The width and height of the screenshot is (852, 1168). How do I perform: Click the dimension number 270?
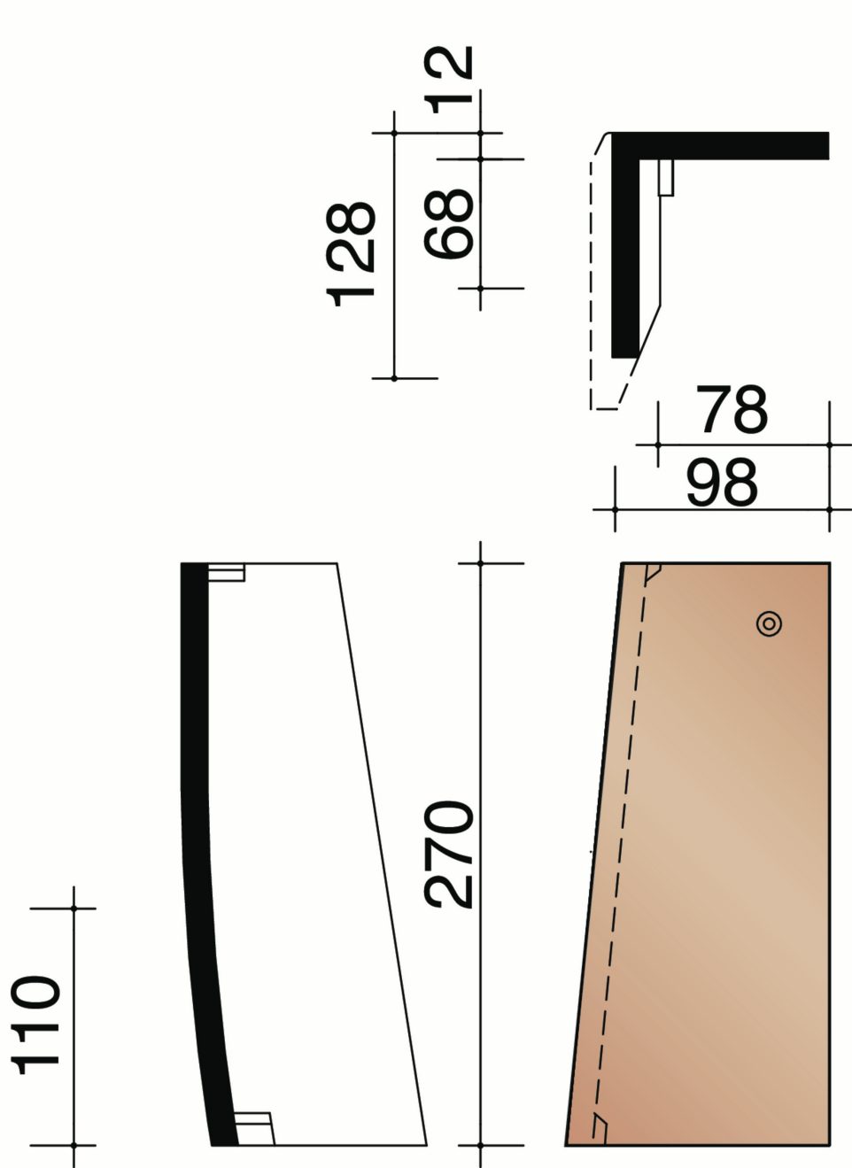(x=450, y=855)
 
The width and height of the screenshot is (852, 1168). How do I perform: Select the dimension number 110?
(x=40, y=1025)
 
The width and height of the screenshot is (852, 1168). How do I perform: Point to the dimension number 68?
(x=450, y=224)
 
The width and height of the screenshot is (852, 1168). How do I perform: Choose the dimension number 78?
(x=731, y=410)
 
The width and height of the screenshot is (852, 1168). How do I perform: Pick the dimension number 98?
(x=722, y=483)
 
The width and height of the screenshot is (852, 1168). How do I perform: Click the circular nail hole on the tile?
(x=769, y=624)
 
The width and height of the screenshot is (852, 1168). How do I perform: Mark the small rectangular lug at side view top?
(x=226, y=573)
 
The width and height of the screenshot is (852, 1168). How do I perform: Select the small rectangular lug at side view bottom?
(x=253, y=1128)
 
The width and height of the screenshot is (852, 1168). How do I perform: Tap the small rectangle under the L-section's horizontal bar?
(x=666, y=177)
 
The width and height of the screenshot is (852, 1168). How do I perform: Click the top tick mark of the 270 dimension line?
(x=480, y=562)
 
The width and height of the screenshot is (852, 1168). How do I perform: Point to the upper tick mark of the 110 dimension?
(x=74, y=909)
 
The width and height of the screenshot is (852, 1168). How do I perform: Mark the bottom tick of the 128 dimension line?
(x=394, y=378)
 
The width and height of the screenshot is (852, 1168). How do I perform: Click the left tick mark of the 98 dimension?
(x=616, y=509)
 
